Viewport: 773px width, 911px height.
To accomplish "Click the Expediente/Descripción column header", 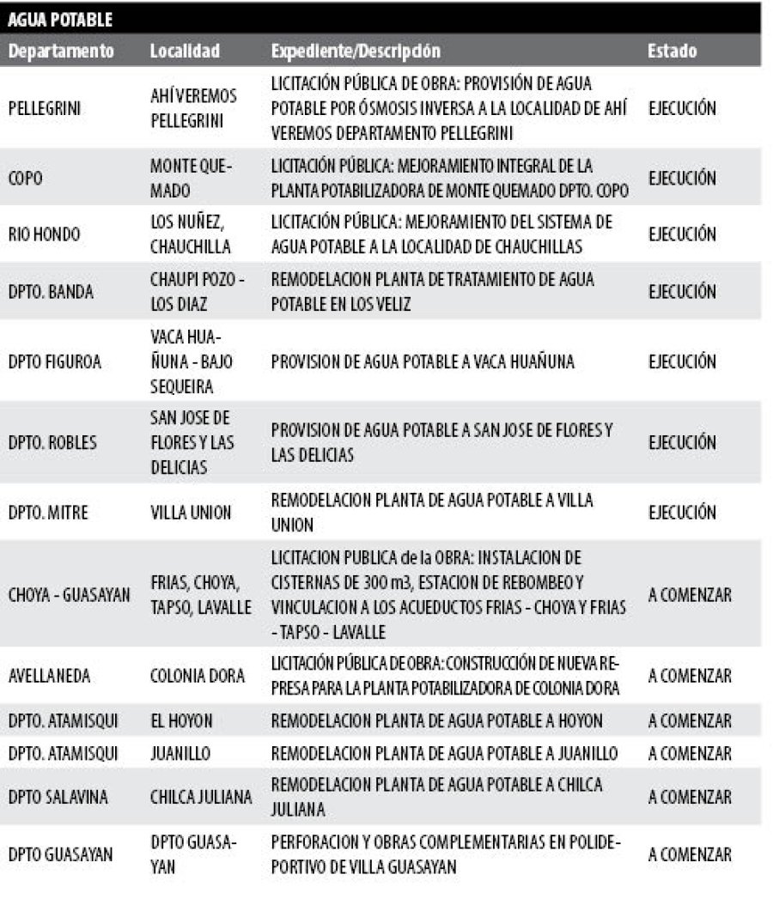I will pyautogui.click(x=356, y=51).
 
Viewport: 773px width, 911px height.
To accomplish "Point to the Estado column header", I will pyautogui.click(x=672, y=51).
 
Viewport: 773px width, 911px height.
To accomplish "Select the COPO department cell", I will pyautogui.click(x=26, y=178).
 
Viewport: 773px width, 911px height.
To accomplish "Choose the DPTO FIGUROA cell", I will pyautogui.click(x=54, y=361).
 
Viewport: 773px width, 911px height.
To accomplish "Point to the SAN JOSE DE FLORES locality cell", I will pyautogui.click(x=192, y=442).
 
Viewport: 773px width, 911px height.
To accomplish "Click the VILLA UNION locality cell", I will pyautogui.click(x=191, y=513).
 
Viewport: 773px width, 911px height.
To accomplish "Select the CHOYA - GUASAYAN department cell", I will pyautogui.click(x=69, y=594).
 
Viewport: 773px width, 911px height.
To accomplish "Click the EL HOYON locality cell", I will pyautogui.click(x=181, y=720).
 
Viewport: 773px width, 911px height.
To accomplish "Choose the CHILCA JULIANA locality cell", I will pyautogui.click(x=201, y=797).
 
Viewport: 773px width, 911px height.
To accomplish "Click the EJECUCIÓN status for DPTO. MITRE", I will pyautogui.click(x=682, y=513).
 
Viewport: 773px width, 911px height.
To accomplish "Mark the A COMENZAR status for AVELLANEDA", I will pyautogui.click(x=690, y=676).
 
